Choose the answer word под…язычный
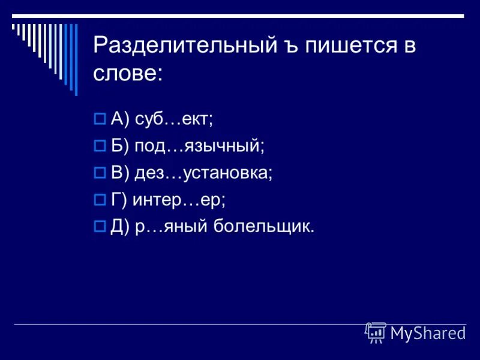click(x=199, y=146)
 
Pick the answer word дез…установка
click(x=203, y=173)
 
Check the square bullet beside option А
click(x=100, y=119)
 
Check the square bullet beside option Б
click(x=100, y=146)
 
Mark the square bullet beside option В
click(x=100, y=173)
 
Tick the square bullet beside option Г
click(x=100, y=200)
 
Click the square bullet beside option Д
click(x=100, y=227)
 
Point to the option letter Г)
click(x=119, y=200)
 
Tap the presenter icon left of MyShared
click(x=376, y=333)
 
